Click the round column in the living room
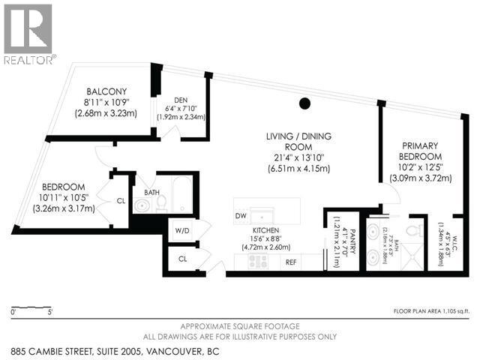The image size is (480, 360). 304,104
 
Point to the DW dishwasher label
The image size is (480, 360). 241,216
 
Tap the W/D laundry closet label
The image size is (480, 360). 181,230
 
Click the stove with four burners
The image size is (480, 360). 258,262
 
